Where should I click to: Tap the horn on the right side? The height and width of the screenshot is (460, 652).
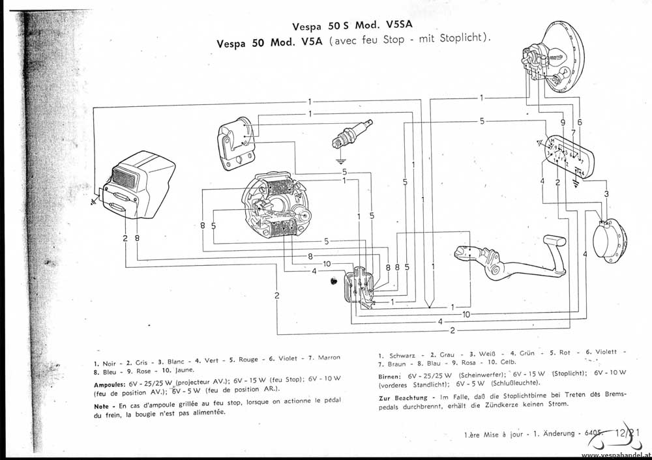612,241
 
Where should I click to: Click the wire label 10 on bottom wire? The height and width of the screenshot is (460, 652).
466,314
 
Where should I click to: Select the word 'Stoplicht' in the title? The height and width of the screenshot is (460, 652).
461,38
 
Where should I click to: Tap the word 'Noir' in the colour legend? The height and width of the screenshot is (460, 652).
109,363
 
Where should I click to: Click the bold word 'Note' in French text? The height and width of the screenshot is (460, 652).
104,405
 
